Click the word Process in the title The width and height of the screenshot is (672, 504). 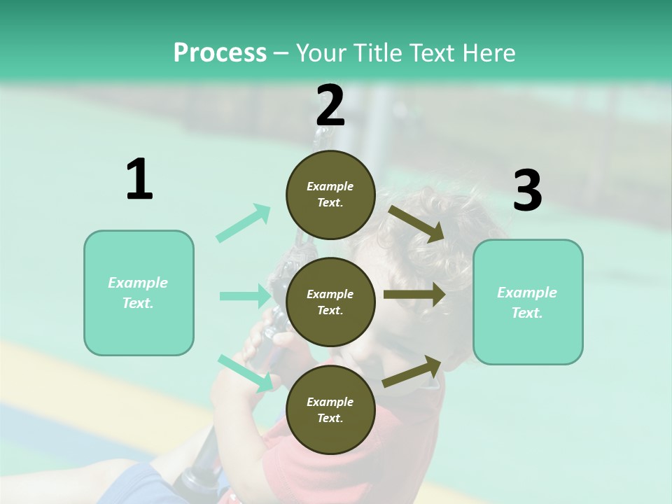(x=220, y=53)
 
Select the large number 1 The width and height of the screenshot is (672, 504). (x=139, y=180)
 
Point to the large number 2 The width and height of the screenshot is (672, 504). (x=330, y=106)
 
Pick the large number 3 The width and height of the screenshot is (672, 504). (x=527, y=191)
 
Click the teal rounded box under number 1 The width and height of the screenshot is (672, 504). (x=139, y=293)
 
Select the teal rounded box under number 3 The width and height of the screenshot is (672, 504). (x=528, y=302)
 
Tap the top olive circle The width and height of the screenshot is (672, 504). (x=330, y=195)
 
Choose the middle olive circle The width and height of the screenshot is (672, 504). (x=330, y=302)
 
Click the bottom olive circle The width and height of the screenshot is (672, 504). (x=330, y=409)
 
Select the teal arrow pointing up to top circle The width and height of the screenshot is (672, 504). (x=244, y=223)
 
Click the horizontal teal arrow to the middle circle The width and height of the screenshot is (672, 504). (x=244, y=296)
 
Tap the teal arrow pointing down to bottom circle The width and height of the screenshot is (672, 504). (x=245, y=373)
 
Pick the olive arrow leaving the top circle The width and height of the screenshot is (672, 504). (x=416, y=224)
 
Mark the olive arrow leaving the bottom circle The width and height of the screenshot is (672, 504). (x=412, y=371)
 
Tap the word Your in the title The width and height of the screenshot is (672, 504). (x=320, y=53)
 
